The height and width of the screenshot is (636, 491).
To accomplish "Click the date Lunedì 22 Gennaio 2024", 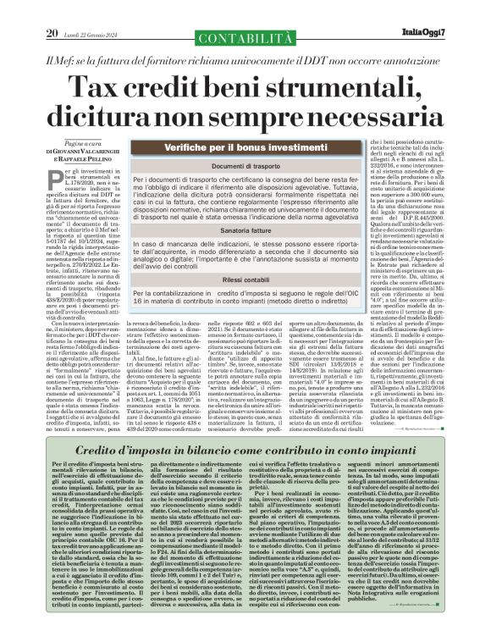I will (94, 10).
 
